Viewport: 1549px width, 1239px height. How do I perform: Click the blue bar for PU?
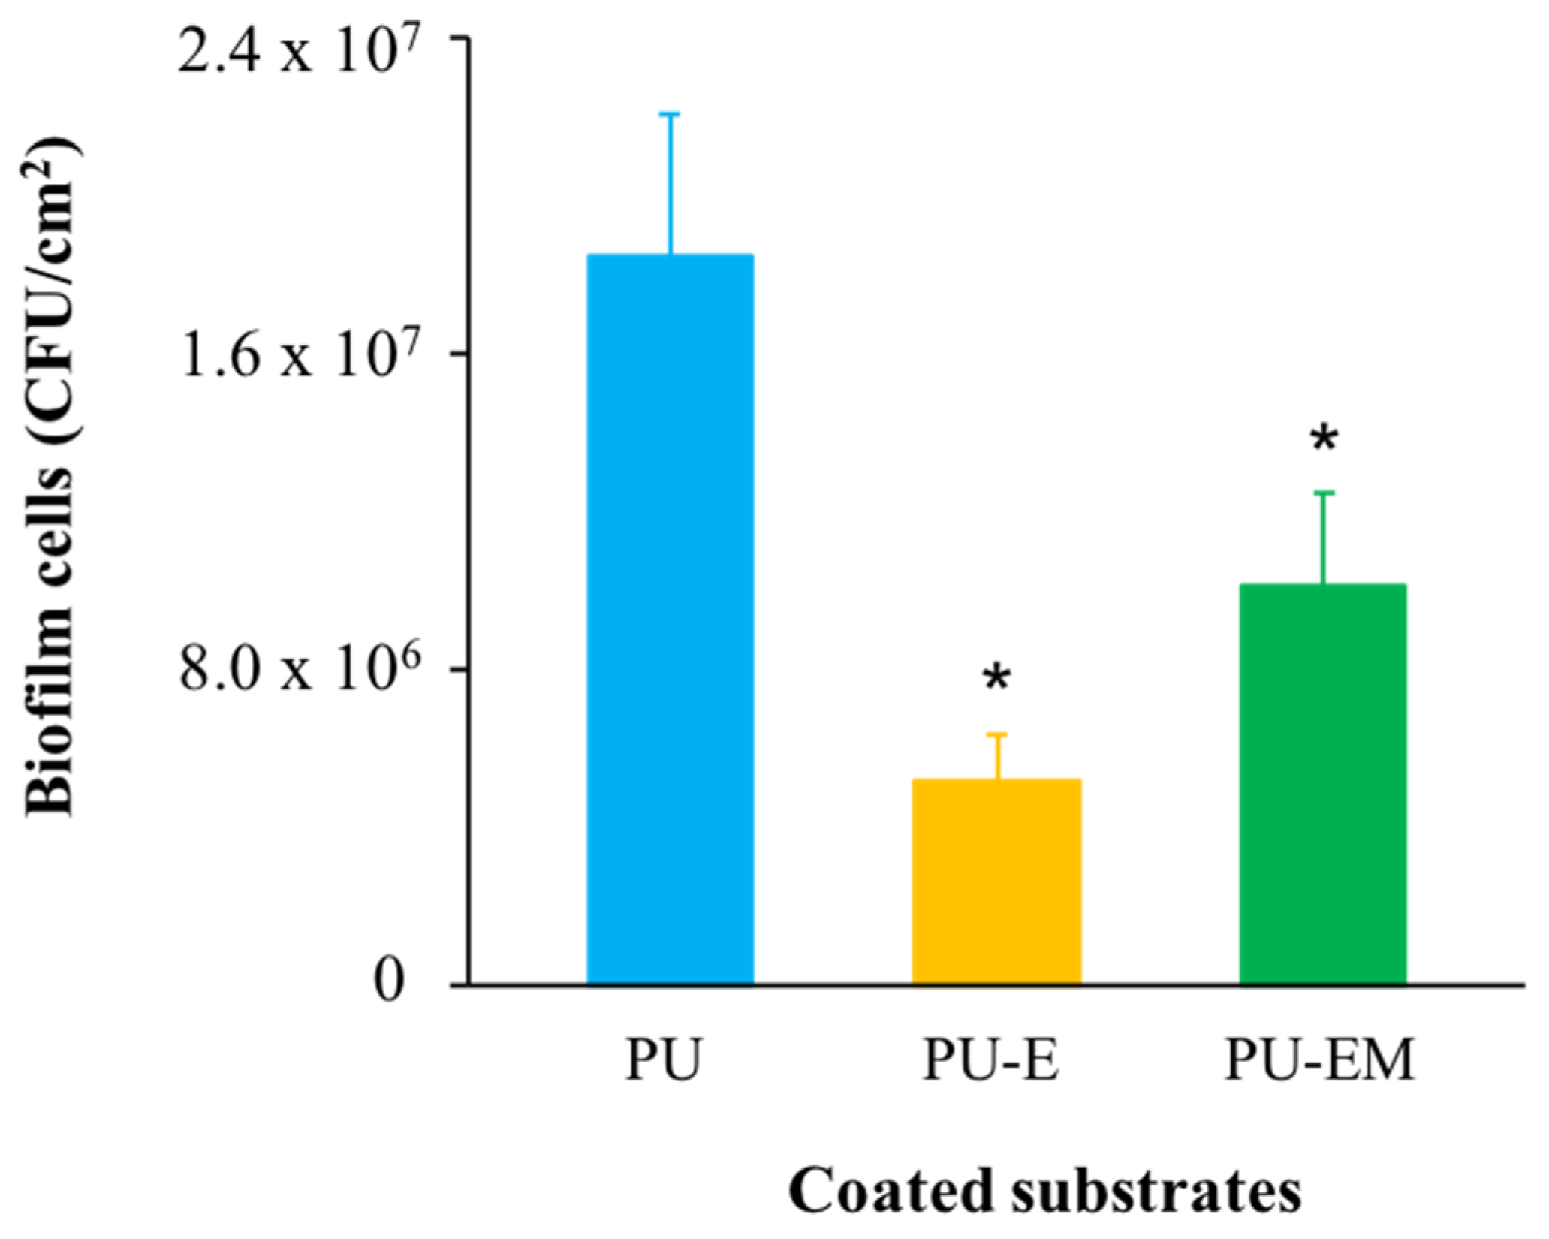coord(670,619)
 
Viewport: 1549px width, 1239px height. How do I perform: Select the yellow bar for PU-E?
coord(996,882)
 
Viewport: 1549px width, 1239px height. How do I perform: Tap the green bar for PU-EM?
coord(1322,784)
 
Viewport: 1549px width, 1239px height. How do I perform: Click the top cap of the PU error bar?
coord(670,114)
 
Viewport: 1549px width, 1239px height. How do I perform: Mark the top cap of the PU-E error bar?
coord(997,734)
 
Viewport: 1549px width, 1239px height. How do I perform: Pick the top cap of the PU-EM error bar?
coord(1324,493)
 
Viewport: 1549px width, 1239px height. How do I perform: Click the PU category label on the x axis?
coord(662,1060)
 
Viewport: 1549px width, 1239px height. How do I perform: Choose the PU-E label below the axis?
coord(990,1060)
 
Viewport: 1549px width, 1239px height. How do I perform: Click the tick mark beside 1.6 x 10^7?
coord(460,353)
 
